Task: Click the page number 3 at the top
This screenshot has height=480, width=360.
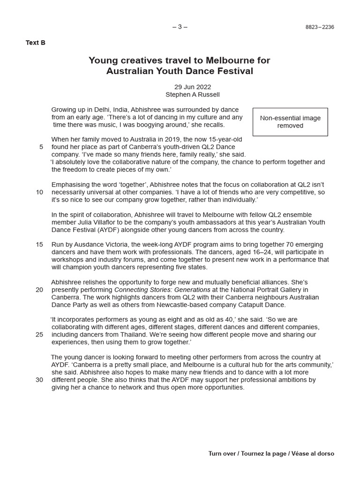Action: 180,27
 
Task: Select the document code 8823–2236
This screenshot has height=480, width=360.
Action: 320,27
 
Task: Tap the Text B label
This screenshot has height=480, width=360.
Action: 36,43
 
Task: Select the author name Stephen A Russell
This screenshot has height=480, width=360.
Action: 186,94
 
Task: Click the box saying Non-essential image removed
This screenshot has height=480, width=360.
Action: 290,122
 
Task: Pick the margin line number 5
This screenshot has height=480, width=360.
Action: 41,147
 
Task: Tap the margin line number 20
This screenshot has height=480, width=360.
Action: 39,290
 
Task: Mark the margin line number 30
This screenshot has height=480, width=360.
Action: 39,380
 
